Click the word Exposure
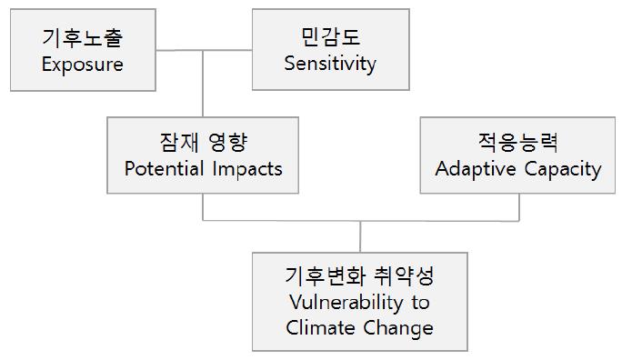click(82, 65)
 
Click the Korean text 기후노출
click(82, 38)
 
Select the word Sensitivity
click(329, 64)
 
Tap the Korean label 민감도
click(329, 37)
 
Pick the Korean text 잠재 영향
click(203, 142)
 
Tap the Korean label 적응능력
click(518, 142)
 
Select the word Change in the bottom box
click(401, 326)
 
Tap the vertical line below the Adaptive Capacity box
click(518, 207)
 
